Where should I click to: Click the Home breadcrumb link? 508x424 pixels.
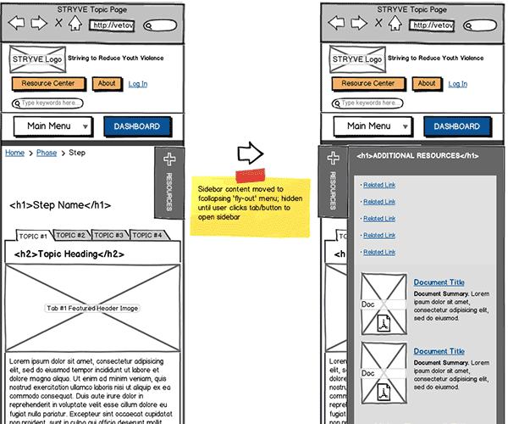click(x=15, y=153)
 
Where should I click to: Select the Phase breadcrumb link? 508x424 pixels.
click(x=47, y=153)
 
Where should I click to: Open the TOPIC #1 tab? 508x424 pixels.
click(x=34, y=235)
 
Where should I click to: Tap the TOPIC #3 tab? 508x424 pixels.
click(x=110, y=235)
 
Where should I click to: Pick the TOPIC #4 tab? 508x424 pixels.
click(x=149, y=235)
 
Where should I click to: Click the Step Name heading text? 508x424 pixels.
click(x=60, y=205)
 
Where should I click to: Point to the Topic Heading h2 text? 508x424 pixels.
click(x=69, y=254)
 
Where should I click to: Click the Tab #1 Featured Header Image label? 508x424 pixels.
click(x=93, y=308)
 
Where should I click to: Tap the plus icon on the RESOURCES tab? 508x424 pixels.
click(x=168, y=159)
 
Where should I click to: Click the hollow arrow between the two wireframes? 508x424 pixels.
click(x=251, y=153)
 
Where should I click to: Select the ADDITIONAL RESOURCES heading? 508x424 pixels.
click(x=417, y=156)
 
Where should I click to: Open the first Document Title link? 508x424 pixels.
click(x=439, y=282)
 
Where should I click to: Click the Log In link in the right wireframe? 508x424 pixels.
click(x=457, y=84)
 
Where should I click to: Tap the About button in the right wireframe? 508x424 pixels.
click(x=427, y=84)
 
